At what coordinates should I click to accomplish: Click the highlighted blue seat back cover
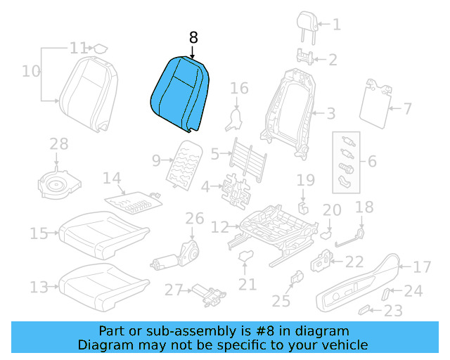[181, 95]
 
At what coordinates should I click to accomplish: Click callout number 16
[240, 89]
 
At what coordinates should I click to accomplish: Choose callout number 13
[39, 287]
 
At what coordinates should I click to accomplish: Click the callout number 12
[220, 227]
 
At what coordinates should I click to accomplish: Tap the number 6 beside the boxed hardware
[372, 162]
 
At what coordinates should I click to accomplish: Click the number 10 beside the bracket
[31, 71]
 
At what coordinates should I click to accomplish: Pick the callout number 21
[247, 284]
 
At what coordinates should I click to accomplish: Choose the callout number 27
[173, 290]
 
